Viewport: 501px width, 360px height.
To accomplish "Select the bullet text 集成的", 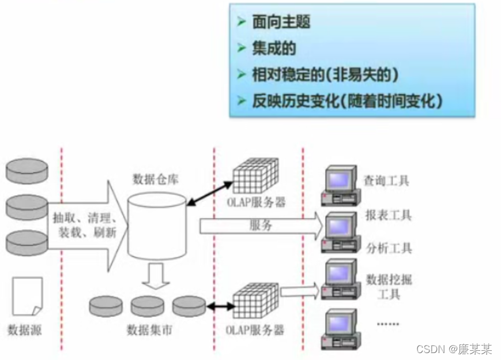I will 273,48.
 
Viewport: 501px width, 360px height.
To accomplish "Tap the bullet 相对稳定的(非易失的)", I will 325,74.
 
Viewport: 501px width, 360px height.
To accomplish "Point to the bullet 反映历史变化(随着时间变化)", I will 347,101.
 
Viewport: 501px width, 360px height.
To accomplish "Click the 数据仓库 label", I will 156,178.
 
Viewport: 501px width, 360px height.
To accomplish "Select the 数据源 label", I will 25,331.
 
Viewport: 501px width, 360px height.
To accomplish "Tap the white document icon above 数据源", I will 27,296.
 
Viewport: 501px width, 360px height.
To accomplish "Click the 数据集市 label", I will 149,331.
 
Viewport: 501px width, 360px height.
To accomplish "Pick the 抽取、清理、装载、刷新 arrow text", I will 85,226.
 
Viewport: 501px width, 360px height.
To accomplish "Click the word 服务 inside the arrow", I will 261,226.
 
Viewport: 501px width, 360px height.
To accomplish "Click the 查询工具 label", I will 386,181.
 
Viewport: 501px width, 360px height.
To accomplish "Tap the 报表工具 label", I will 388,216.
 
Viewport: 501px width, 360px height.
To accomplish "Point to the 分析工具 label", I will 389,249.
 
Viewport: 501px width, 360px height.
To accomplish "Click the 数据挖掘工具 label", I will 389,287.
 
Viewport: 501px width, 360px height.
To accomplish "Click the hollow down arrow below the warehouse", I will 156,275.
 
